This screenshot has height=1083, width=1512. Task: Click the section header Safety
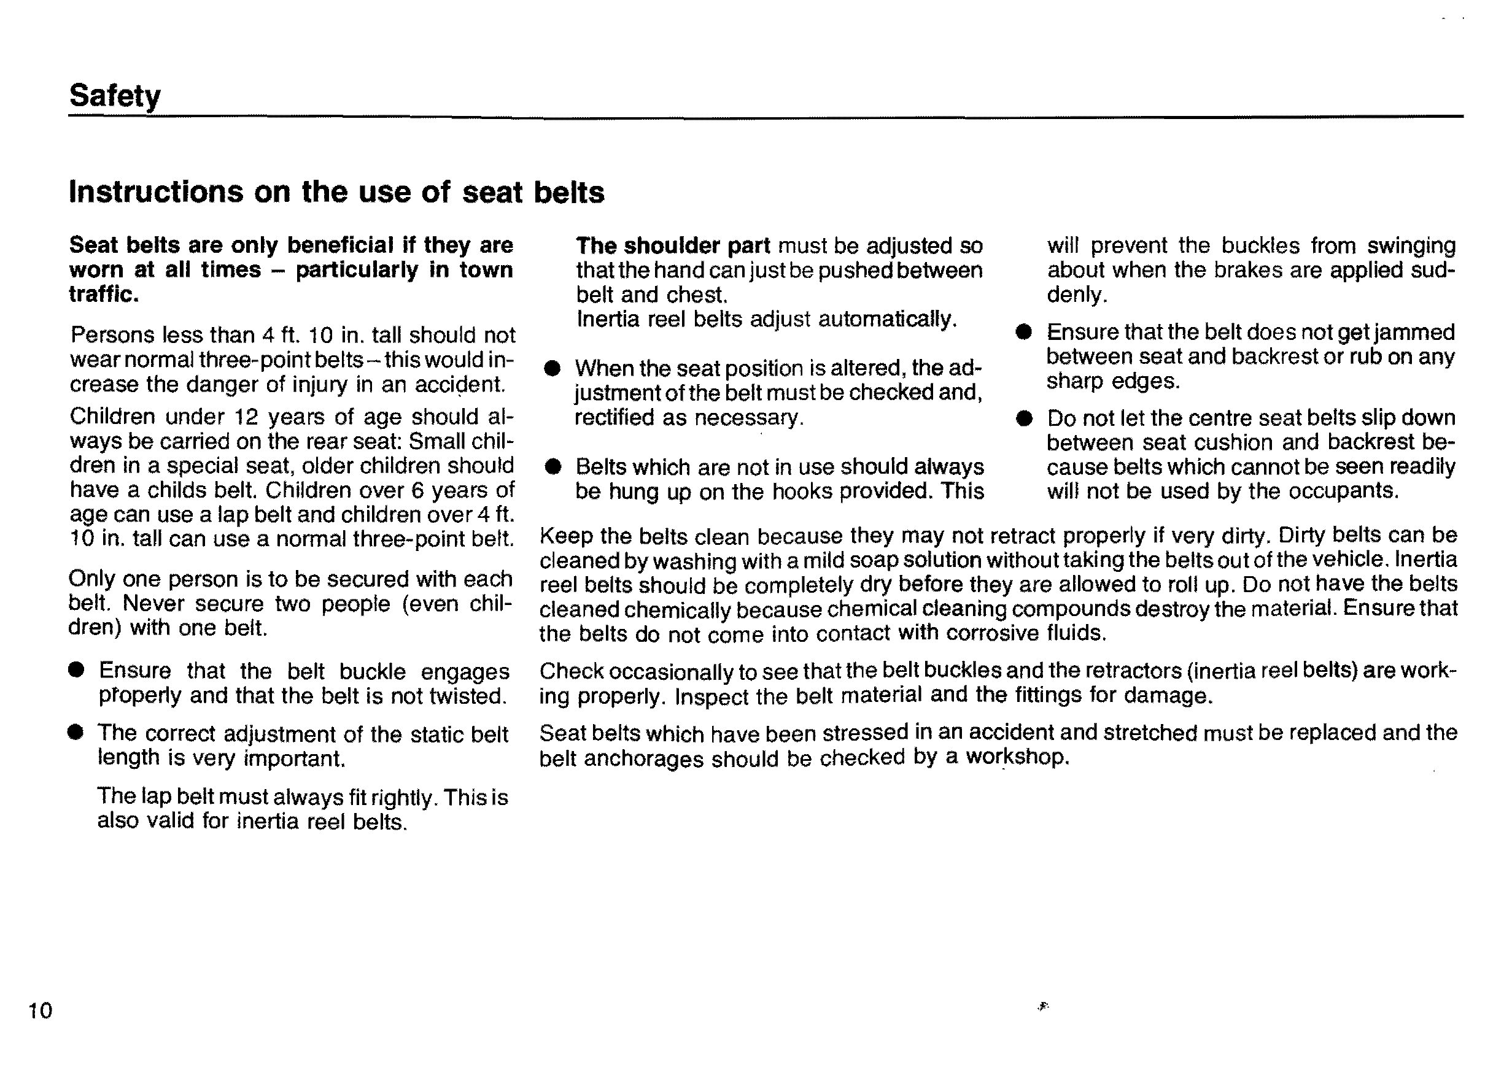[115, 96]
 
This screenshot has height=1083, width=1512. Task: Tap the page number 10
[40, 1011]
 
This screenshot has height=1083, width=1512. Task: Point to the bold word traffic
[103, 294]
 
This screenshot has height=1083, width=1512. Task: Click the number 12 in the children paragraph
[246, 417]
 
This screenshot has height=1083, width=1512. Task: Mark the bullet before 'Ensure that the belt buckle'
[77, 670]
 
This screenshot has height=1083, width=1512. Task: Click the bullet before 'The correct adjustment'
[76, 733]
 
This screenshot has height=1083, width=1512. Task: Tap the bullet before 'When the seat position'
[552, 368]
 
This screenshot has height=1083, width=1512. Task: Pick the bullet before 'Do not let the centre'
[1024, 418]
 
